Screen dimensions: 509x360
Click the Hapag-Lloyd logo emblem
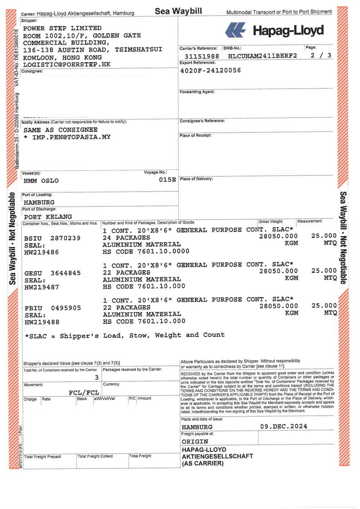pyautogui.click(x=235, y=30)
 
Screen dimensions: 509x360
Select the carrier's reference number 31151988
pyautogui.click(x=202, y=56)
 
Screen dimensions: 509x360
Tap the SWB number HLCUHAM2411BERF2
pyautogui.click(x=262, y=56)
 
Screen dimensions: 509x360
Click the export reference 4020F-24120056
pyautogui.click(x=210, y=71)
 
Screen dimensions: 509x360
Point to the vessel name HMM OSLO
pyautogui.click(x=41, y=181)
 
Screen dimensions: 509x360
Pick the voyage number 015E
pyautogui.click(x=167, y=180)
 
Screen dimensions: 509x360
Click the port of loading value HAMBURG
pyautogui.click(x=39, y=202)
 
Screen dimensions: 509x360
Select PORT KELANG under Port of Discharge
pyautogui.click(x=48, y=217)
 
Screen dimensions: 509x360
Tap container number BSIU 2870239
pyautogui.click(x=52, y=238)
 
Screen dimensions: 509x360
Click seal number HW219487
pyautogui.click(x=42, y=287)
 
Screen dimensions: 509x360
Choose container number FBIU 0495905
pyautogui.click(x=53, y=308)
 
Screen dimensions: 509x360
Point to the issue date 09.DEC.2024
pyautogui.click(x=284, y=427)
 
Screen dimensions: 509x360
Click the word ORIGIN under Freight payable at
pyautogui.click(x=195, y=442)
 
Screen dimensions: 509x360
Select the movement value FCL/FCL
pyautogui.click(x=84, y=392)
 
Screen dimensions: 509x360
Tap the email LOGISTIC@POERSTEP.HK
pyautogui.click(x=67, y=65)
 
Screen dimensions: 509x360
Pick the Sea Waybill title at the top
pyautogui.click(x=178, y=11)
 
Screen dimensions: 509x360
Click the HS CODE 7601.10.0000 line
pyautogui.click(x=146, y=252)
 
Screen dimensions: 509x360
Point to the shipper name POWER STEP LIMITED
pyautogui.click(x=62, y=28)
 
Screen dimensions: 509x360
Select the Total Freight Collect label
pyautogui.click(x=95, y=456)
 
